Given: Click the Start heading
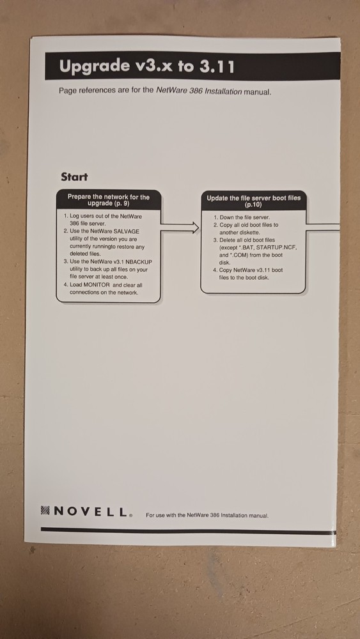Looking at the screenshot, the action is pos(74,177).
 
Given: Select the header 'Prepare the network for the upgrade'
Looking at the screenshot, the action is pos(109,199).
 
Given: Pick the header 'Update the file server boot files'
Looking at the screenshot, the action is pos(253,201).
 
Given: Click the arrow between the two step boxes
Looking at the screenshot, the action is pos(180,227).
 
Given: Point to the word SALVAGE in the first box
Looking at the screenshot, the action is pos(127,231).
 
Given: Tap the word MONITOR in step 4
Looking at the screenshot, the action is pos(97,285).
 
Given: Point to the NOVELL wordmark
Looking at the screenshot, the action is pos(91,511).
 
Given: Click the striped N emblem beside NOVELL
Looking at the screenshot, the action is pos(45,511).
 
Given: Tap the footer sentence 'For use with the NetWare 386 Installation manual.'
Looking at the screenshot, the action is pos(207,516).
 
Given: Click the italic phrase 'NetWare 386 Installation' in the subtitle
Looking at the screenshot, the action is pos(199,91).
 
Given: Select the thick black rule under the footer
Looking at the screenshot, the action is pos(189,530).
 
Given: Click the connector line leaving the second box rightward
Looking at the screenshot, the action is pos(323,227).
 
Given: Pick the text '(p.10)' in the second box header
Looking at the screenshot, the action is pos(253,204).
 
